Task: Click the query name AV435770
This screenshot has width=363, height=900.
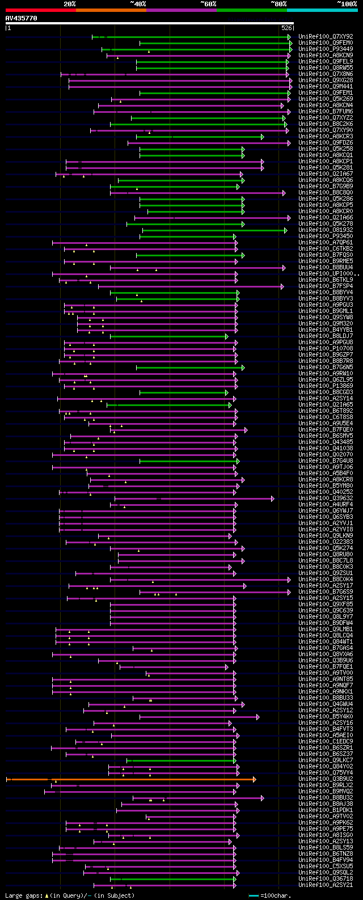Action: point(22,18)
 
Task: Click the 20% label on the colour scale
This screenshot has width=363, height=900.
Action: point(69,4)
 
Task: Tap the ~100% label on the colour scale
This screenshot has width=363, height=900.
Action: point(347,4)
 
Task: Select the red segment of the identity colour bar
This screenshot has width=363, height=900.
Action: point(40,10)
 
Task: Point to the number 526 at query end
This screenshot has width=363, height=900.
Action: point(286,28)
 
